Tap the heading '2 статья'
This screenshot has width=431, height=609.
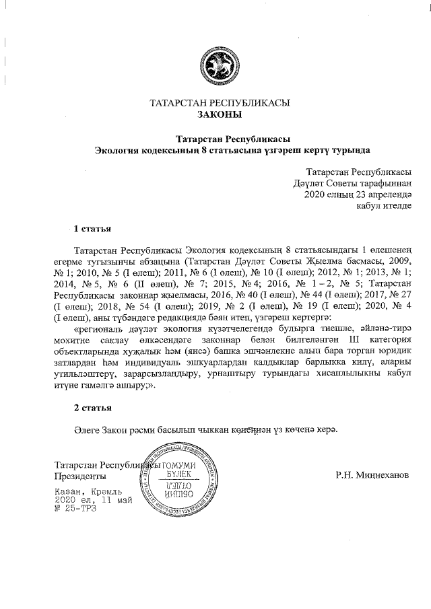click(92, 407)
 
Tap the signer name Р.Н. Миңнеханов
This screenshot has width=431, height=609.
click(372, 474)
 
